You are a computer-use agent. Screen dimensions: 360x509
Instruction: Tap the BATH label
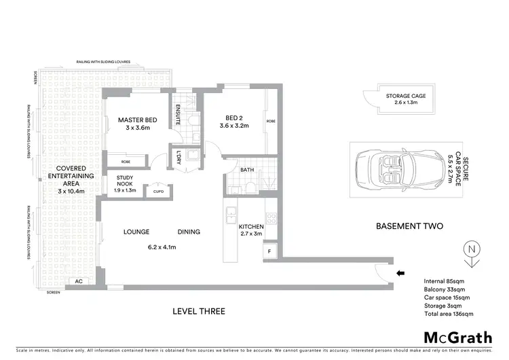point(247,170)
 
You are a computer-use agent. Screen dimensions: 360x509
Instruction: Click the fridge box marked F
point(251,252)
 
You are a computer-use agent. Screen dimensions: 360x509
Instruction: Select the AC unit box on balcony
point(78,281)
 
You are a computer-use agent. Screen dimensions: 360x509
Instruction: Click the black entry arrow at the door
point(400,274)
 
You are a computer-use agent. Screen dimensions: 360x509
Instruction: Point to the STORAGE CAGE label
point(406,96)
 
